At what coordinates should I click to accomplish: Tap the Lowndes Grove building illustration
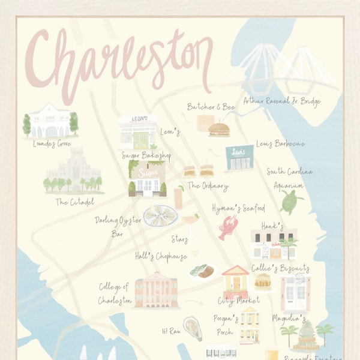click(51, 122)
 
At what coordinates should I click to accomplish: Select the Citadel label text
click(74, 202)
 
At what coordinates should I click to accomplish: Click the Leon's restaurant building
click(137, 131)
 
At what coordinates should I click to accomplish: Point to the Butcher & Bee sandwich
click(219, 129)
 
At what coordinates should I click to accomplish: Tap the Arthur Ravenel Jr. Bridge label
click(281, 101)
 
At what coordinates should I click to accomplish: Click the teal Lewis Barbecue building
click(239, 157)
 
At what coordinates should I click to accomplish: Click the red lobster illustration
click(228, 227)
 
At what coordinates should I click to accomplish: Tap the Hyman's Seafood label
click(238, 208)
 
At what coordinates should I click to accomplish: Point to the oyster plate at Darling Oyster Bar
click(160, 215)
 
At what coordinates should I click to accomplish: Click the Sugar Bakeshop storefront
click(146, 178)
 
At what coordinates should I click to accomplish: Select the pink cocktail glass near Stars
click(191, 221)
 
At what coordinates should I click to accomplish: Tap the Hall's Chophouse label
click(160, 256)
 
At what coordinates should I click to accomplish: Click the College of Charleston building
click(156, 293)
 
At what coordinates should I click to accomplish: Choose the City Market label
click(238, 299)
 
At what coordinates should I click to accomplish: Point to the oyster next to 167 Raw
click(192, 328)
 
